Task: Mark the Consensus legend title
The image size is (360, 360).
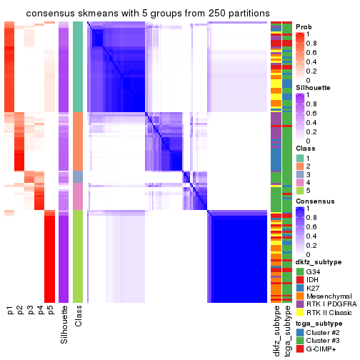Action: click(314, 202)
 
